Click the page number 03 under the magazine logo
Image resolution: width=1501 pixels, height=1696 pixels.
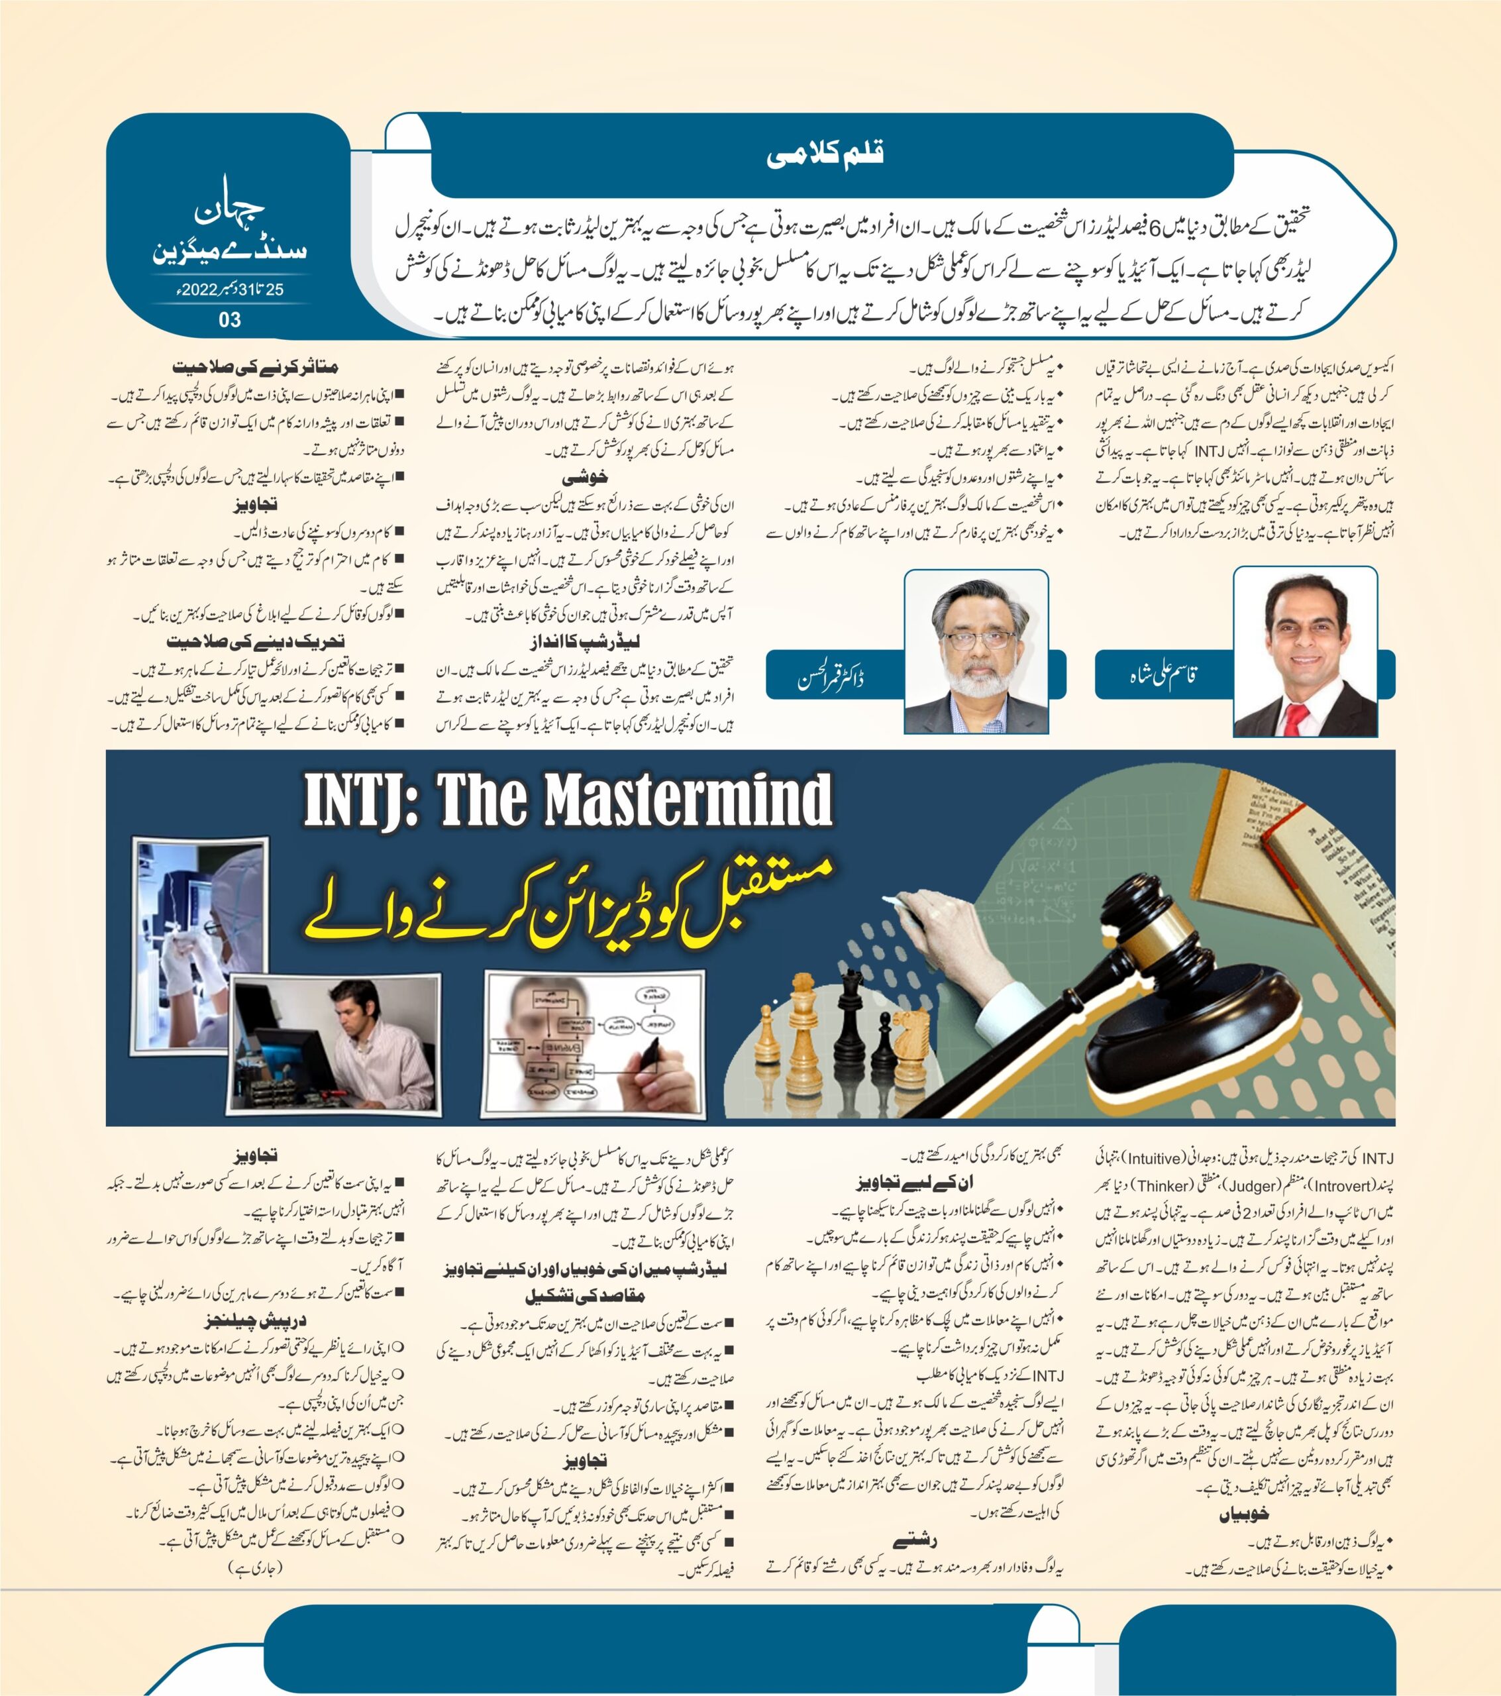coord(229,319)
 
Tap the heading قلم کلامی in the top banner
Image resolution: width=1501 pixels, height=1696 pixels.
coord(825,155)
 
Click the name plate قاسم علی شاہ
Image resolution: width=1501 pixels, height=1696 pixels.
coord(1163,675)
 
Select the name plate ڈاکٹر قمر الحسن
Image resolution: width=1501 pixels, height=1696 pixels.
coord(831,679)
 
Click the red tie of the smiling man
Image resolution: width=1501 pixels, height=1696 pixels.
coord(1295,717)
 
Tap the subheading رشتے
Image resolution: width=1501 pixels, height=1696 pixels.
coord(915,1541)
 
